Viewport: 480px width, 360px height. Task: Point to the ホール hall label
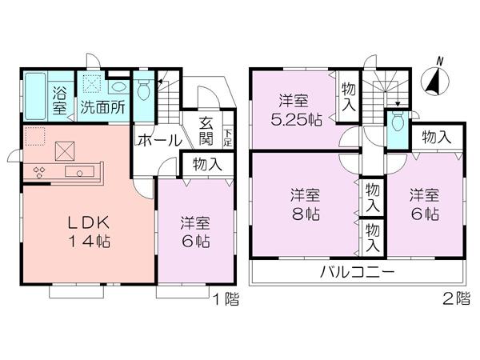coord(158,140)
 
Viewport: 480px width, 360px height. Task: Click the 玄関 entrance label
coord(206,132)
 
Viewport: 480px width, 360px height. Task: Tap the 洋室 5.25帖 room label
coord(294,112)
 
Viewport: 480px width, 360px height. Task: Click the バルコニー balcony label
coord(358,272)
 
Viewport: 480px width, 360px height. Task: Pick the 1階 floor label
coord(225,302)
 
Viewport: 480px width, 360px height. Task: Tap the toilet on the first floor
coord(144,90)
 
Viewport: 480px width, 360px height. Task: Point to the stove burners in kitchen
coord(38,171)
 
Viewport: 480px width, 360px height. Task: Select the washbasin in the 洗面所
coord(118,87)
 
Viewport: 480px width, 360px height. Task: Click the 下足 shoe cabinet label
coord(228,138)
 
